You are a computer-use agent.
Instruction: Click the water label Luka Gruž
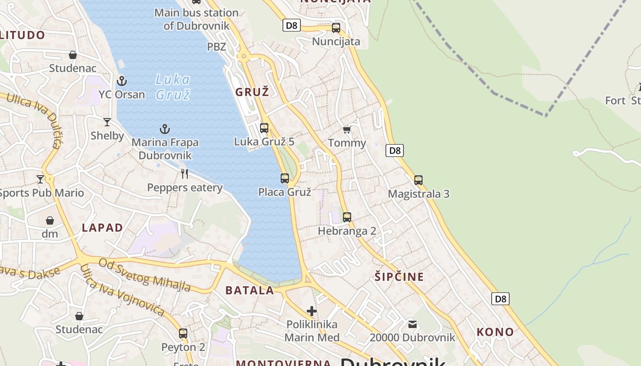(173, 87)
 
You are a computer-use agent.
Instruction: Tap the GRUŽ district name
(252, 92)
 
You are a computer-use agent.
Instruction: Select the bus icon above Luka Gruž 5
(264, 128)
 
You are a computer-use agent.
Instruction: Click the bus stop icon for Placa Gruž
(285, 178)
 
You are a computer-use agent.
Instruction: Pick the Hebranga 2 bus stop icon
(347, 217)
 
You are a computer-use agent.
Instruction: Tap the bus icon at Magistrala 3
(418, 180)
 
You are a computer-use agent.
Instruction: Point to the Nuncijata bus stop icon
(336, 27)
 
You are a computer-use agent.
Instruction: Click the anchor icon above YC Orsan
(121, 81)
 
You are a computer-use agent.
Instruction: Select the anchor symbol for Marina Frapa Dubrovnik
(164, 129)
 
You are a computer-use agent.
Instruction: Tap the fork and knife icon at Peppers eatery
(185, 173)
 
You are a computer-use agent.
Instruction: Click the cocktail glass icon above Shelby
(107, 122)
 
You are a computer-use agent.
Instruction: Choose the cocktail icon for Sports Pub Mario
(40, 179)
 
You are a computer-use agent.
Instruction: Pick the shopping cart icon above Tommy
(347, 130)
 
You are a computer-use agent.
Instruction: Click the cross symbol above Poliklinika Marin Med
(312, 311)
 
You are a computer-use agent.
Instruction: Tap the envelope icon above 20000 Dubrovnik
(413, 324)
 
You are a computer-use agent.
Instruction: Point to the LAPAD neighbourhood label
(103, 228)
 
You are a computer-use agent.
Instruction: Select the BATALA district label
(250, 290)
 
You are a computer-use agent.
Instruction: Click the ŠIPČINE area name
(399, 277)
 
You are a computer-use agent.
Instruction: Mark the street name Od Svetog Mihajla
(145, 274)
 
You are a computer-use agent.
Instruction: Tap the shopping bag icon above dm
(50, 221)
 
